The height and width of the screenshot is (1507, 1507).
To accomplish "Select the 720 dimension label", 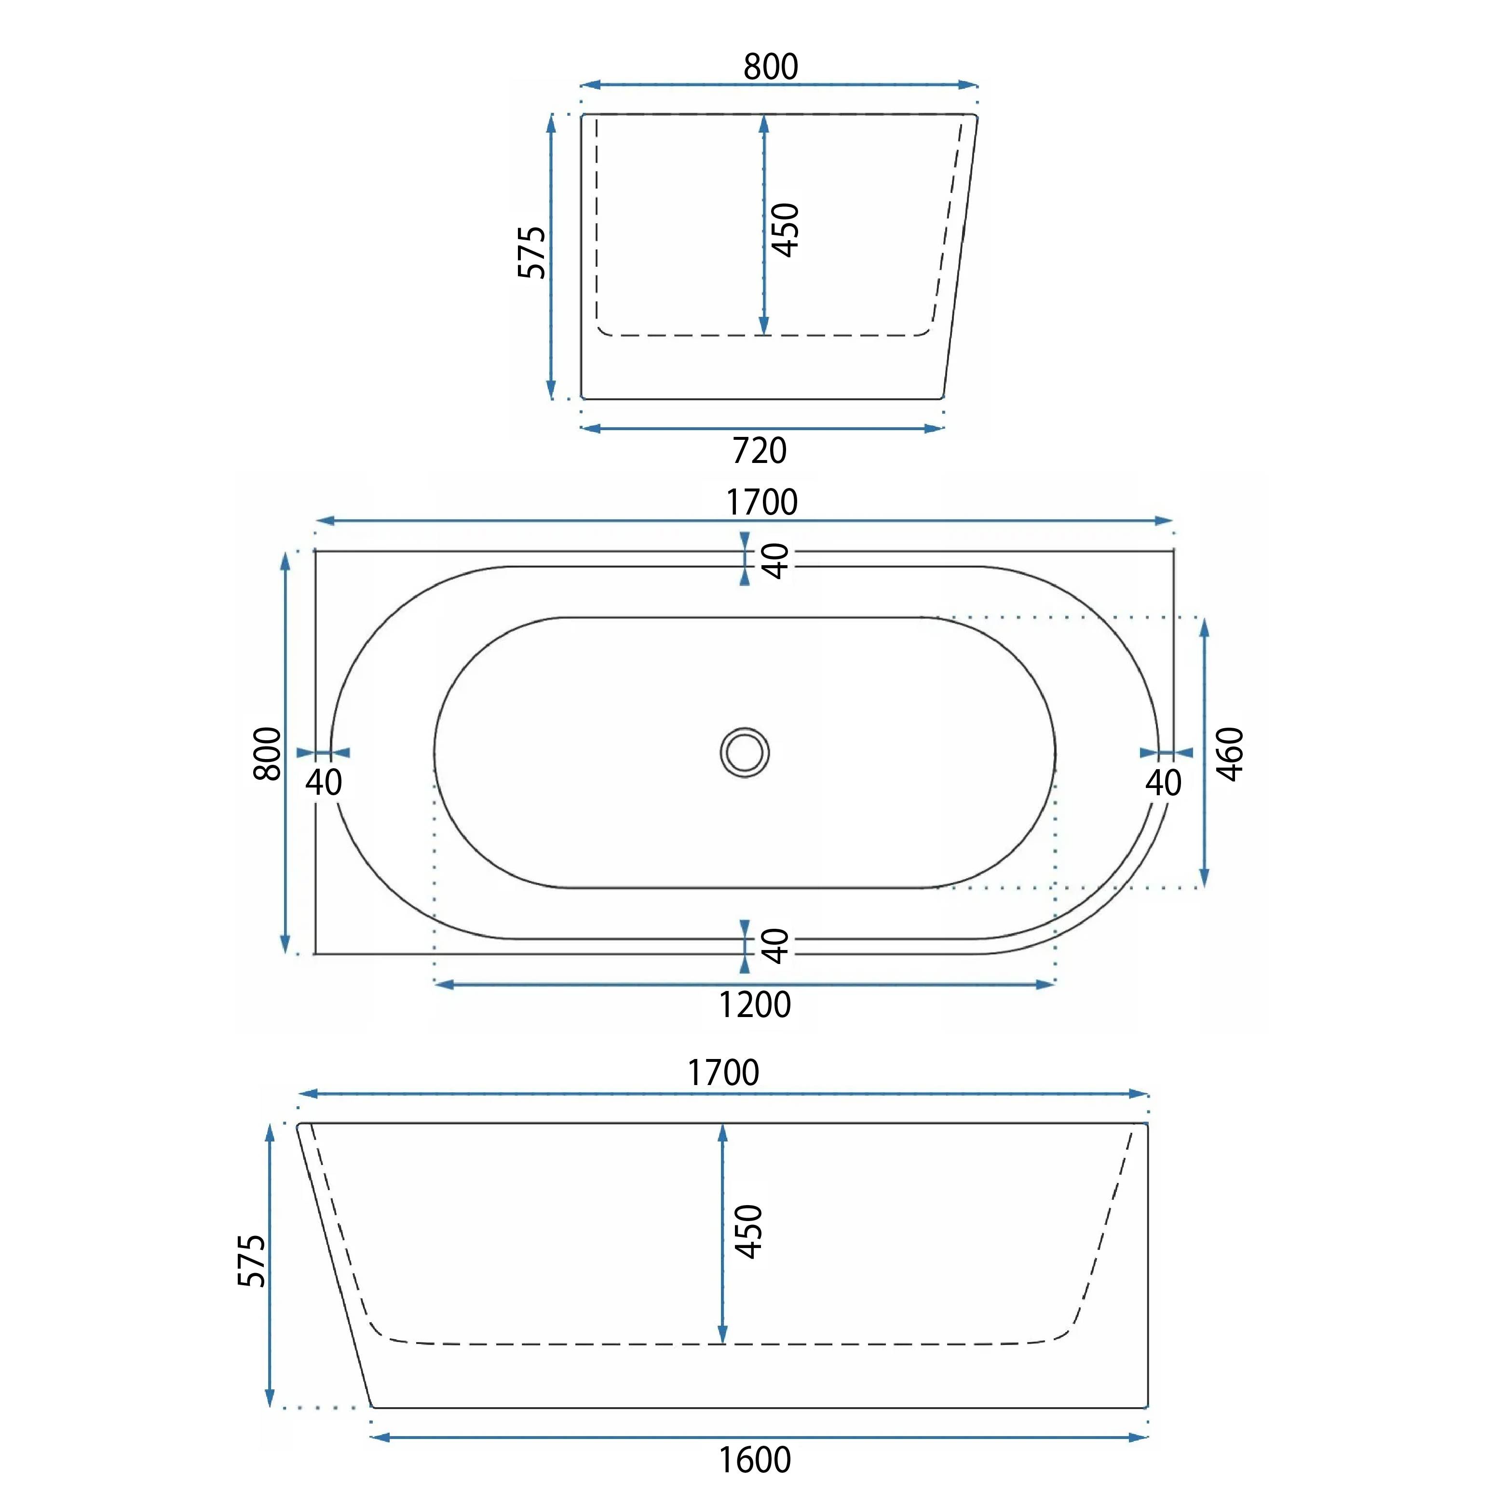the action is coord(760,451).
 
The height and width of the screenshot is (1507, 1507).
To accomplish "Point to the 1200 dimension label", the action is coord(754,1005).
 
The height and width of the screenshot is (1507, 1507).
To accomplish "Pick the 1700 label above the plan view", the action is coord(762,502).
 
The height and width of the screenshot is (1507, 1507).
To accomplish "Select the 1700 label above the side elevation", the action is coord(723,1073).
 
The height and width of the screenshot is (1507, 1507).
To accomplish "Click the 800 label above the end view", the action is coord(771,67).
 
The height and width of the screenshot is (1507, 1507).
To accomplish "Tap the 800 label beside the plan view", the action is coord(268,753).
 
